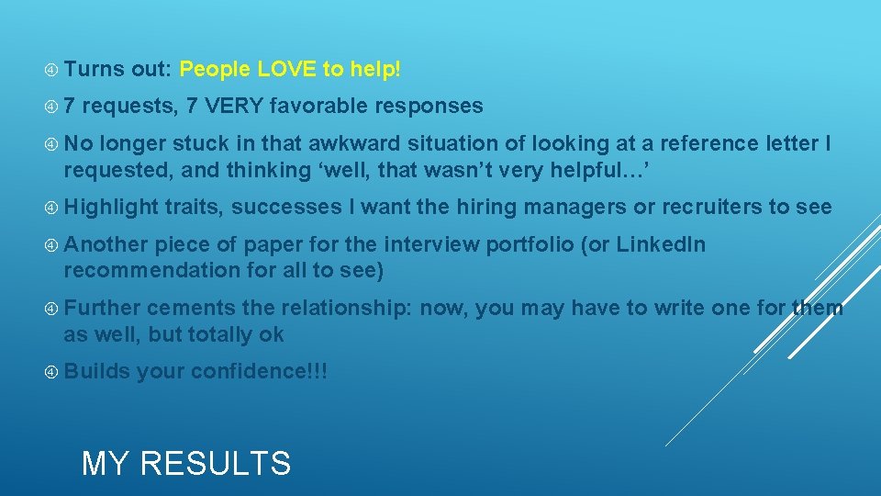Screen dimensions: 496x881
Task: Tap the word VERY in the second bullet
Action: pos(237,107)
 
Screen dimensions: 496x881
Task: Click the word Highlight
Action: pos(110,208)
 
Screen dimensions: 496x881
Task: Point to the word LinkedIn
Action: pos(661,245)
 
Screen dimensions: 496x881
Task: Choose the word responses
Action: pos(429,107)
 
